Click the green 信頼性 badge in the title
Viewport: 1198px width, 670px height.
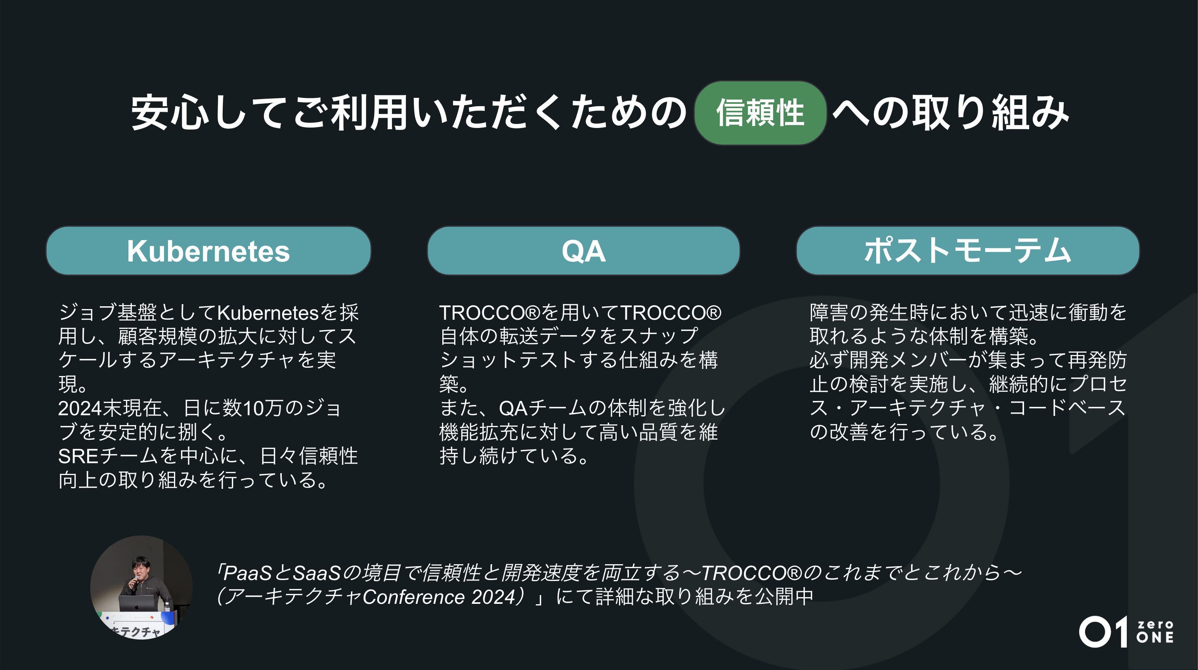(760, 113)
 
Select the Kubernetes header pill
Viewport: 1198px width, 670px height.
(208, 251)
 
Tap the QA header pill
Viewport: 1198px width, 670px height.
(583, 251)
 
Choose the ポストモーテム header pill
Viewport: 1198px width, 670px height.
(967, 251)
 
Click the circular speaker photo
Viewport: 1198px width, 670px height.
(141, 587)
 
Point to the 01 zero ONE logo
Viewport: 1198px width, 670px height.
(1126, 632)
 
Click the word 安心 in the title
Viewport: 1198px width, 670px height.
(170, 113)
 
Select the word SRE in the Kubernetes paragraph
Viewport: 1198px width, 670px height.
(78, 456)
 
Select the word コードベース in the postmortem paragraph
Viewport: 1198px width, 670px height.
(1067, 408)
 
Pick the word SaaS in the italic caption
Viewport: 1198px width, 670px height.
(317, 573)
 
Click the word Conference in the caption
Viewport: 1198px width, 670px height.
(413, 597)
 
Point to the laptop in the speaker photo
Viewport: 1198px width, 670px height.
(136, 603)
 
